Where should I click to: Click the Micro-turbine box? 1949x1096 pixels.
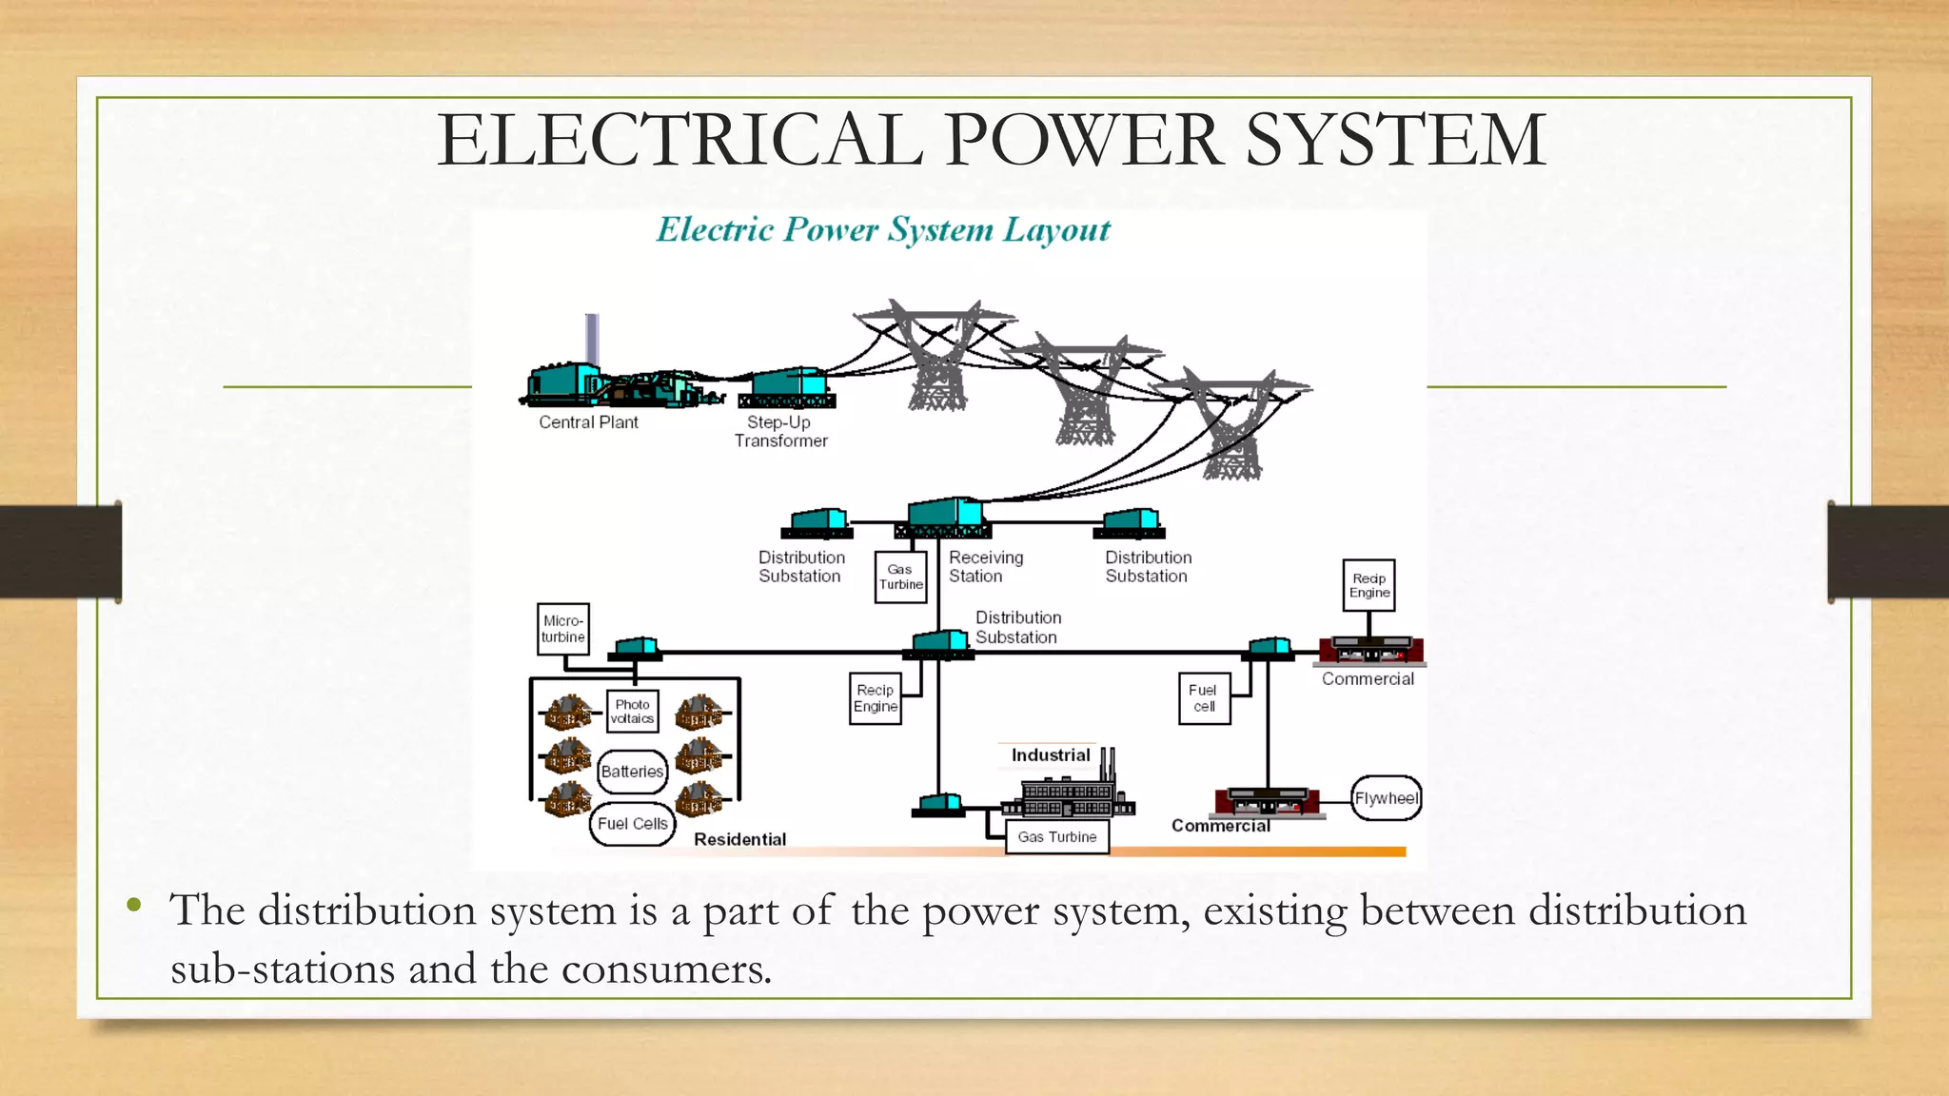[563, 629]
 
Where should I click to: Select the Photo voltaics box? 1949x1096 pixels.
[633, 712]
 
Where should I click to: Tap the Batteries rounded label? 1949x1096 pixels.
[632, 772]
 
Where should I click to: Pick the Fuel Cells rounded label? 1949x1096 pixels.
[633, 824]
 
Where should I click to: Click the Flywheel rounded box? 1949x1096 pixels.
[1386, 799]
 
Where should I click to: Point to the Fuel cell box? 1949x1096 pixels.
[1204, 699]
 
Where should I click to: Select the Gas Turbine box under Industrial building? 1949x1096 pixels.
[1056, 837]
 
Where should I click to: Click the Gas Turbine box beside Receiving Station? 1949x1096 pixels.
[900, 577]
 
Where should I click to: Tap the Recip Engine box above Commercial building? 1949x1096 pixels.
[1368, 586]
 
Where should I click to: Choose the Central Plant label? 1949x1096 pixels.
[588, 422]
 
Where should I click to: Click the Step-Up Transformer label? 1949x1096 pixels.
[780, 432]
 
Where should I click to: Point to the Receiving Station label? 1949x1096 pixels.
[985, 567]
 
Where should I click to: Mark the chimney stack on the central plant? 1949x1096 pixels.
[592, 339]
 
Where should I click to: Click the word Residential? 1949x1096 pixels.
[739, 840]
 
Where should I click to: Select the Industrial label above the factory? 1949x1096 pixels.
[1050, 755]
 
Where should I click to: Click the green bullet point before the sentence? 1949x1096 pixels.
[134, 905]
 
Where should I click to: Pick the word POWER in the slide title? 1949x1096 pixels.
[1085, 141]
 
